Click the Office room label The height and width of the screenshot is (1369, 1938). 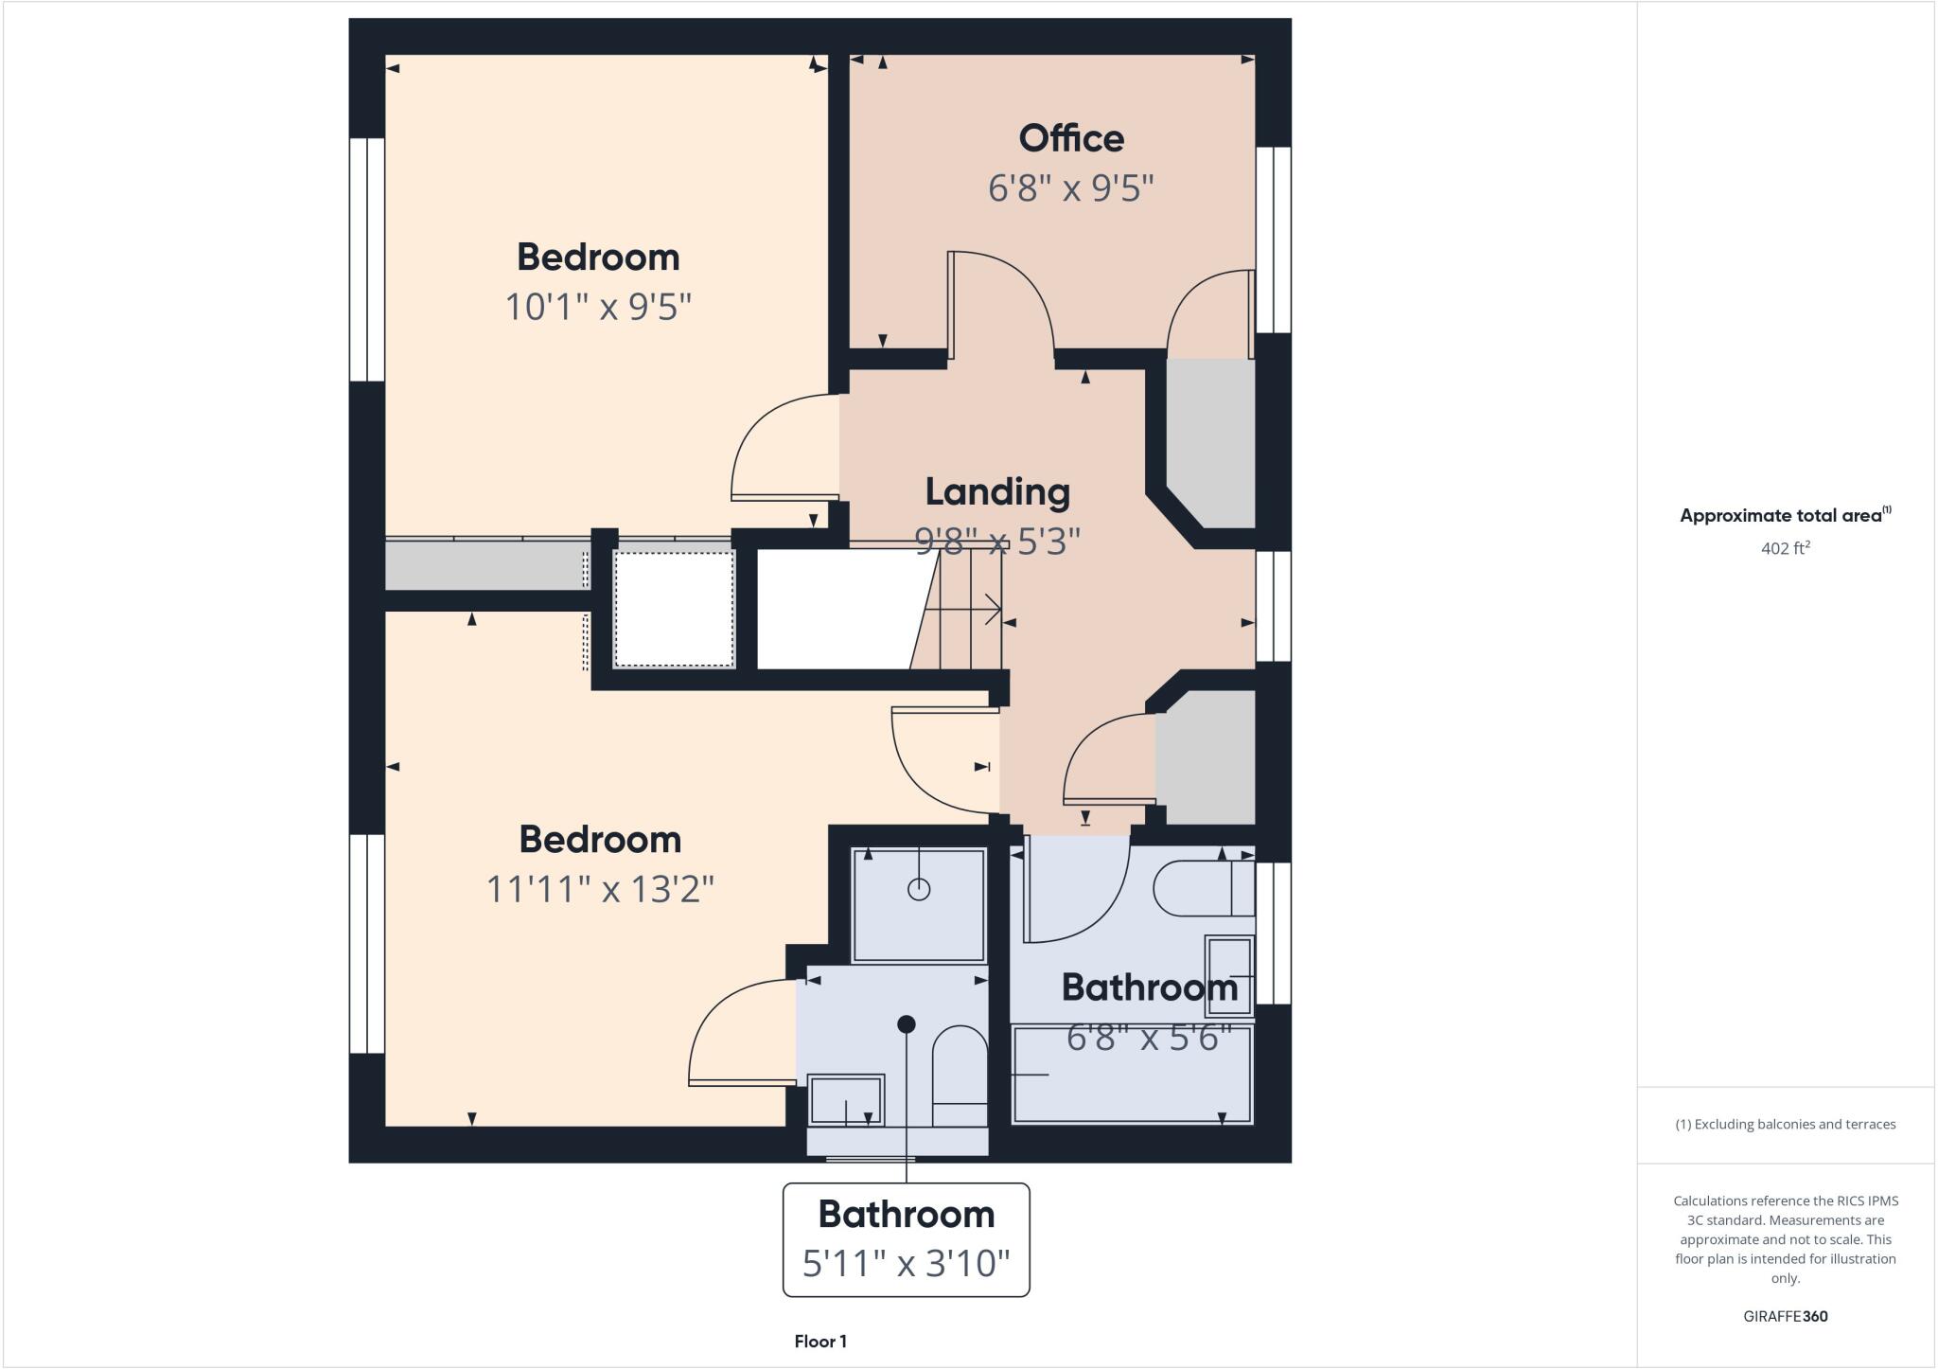(x=1070, y=139)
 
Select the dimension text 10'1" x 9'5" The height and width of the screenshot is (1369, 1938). (x=598, y=307)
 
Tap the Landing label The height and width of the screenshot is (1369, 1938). (x=997, y=491)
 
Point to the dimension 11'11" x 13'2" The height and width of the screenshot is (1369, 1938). (x=599, y=889)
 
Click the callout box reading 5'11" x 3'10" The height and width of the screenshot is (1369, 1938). (x=906, y=1239)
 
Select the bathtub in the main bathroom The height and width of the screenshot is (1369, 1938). (x=1132, y=1076)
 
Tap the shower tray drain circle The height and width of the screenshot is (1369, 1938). (x=918, y=889)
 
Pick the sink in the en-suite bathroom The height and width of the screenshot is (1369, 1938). (x=845, y=1100)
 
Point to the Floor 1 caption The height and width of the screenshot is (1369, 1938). (x=820, y=1342)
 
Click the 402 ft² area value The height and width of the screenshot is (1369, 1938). (x=1785, y=548)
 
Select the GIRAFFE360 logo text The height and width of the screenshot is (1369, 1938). (x=1785, y=1316)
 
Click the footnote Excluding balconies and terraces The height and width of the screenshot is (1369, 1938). (x=1785, y=1125)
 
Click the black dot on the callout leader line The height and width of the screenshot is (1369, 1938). (x=906, y=1023)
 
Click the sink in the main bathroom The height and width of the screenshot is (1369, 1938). (x=1229, y=975)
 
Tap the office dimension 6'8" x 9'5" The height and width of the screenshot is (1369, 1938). (x=1070, y=188)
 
